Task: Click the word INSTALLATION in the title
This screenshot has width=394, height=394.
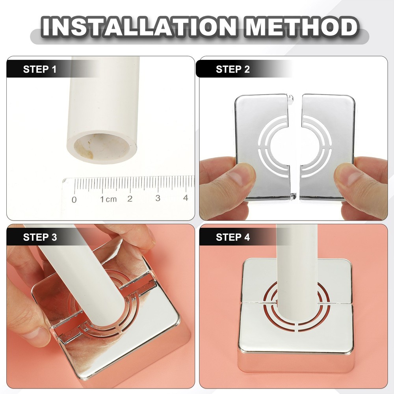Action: click(x=140, y=28)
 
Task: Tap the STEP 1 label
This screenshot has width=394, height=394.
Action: click(x=40, y=70)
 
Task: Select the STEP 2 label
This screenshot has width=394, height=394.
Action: click(x=232, y=70)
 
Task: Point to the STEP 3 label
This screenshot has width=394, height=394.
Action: click(x=40, y=237)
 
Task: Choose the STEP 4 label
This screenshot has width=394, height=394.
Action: click(x=232, y=237)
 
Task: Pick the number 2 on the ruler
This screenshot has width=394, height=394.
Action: click(x=130, y=199)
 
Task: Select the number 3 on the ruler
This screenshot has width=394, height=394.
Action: click(x=158, y=198)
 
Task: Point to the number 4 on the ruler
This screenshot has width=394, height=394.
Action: click(x=186, y=198)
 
